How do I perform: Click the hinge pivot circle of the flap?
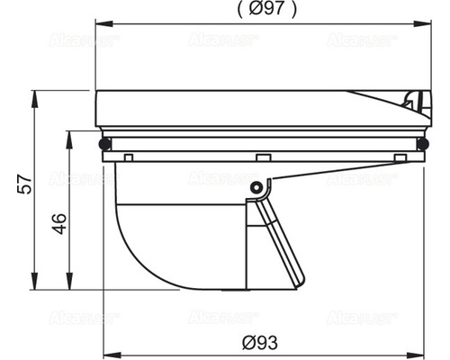coord(258,188)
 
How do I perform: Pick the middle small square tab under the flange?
coord(261,157)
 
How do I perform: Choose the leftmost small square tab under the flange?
coord(128,157)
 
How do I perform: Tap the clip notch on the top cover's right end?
coord(415,103)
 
